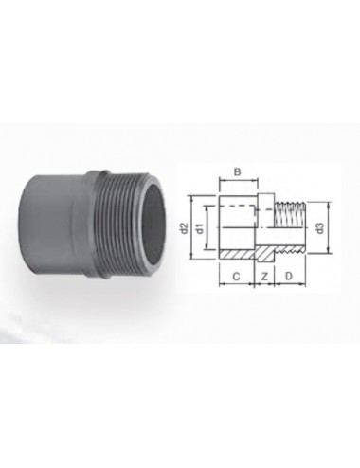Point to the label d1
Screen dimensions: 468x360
click(x=200, y=227)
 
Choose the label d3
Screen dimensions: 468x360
click(x=321, y=227)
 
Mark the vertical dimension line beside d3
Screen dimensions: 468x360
click(x=329, y=227)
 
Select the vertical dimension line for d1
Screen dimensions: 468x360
click(x=207, y=227)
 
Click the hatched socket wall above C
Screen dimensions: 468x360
click(x=233, y=255)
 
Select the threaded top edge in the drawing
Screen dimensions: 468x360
click(x=290, y=202)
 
